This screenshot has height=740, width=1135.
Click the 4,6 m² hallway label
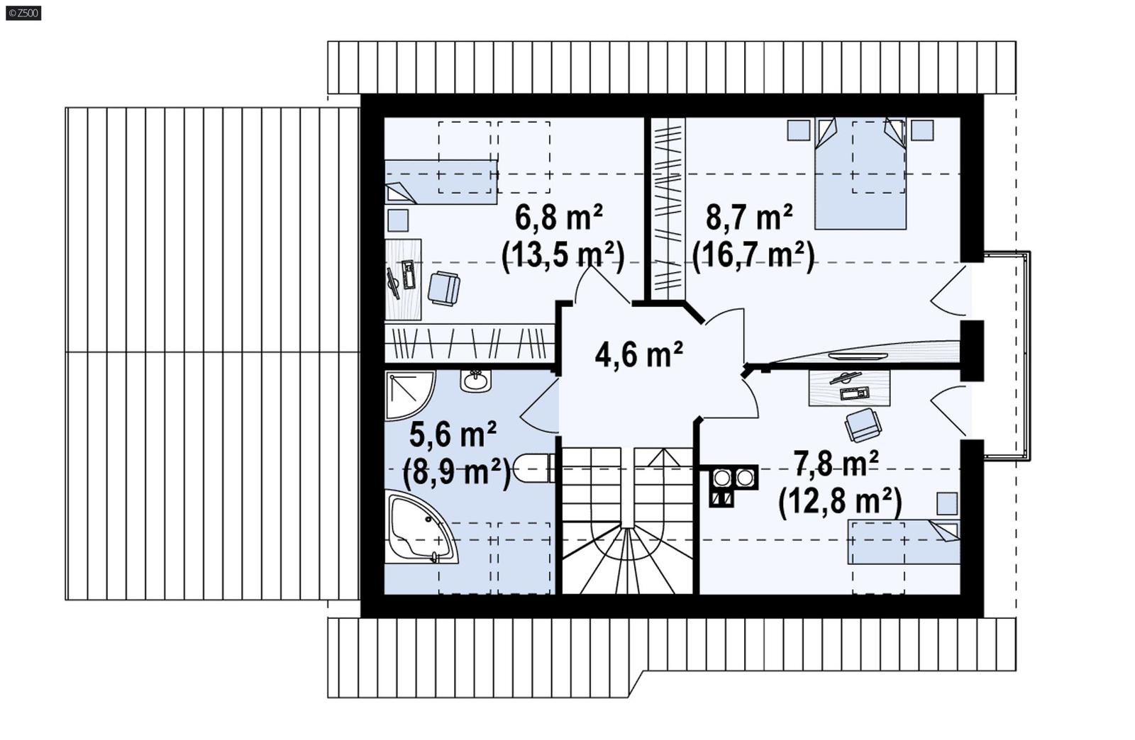click(x=638, y=354)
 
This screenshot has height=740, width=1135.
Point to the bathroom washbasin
click(x=475, y=381)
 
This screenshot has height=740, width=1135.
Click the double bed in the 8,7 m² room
click(x=860, y=177)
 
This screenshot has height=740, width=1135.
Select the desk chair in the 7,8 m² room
click(x=863, y=425)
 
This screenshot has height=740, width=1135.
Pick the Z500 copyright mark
click(x=23, y=12)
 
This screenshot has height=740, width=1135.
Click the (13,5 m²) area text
click(x=563, y=255)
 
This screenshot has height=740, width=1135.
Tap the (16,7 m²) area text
click(x=753, y=255)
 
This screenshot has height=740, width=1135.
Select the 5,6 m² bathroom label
click(x=453, y=435)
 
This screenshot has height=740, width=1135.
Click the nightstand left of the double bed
click(x=799, y=130)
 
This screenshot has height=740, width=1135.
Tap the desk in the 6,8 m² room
click(x=403, y=279)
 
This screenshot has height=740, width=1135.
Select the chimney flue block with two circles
click(x=733, y=478)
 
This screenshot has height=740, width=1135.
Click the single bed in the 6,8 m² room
click(x=441, y=181)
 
